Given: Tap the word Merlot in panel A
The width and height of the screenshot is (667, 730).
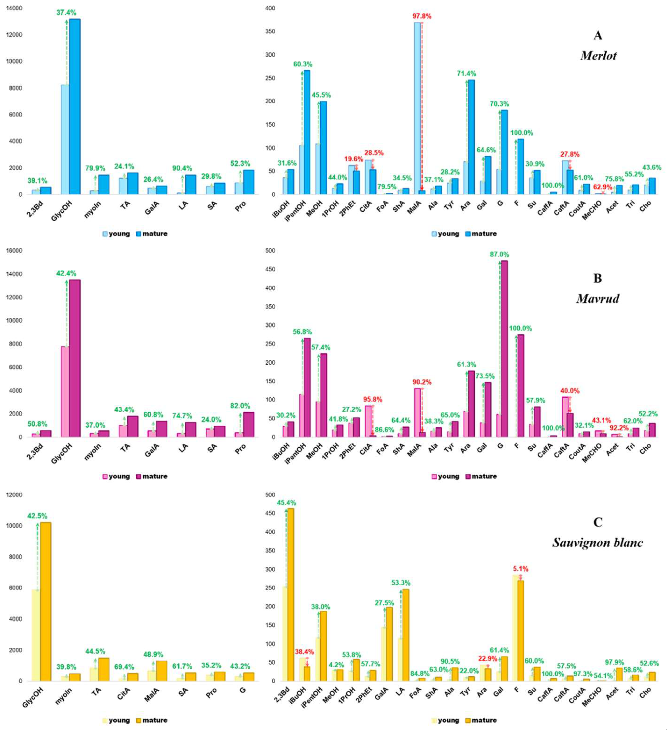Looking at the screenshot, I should pyautogui.click(x=598, y=55).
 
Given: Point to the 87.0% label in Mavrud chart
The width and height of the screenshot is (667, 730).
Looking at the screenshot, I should pyautogui.click(x=499, y=255).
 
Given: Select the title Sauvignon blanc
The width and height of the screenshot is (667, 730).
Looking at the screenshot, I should pyautogui.click(x=597, y=542).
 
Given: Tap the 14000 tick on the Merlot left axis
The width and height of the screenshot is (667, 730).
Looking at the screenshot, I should pyautogui.click(x=14, y=8).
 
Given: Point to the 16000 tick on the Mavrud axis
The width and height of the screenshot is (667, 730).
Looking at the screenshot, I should pyautogui.click(x=14, y=251).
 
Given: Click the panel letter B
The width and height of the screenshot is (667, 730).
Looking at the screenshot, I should pyautogui.click(x=597, y=278).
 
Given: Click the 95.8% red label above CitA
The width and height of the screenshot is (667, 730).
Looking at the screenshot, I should pyautogui.click(x=373, y=399).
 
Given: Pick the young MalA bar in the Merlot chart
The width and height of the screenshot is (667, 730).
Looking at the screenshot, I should pyautogui.click(x=417, y=108).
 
